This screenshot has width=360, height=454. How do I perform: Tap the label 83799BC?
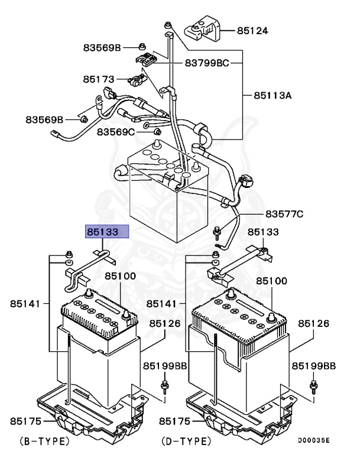(x=206, y=62)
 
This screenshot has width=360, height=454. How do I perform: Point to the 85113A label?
(x=273, y=95)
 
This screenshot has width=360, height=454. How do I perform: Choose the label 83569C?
(x=116, y=131)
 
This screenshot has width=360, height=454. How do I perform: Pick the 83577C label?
(x=284, y=213)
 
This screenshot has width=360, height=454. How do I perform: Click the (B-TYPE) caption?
(x=44, y=440)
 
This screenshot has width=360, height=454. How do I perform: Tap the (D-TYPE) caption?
(x=185, y=440)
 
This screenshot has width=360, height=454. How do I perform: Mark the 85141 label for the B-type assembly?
(x=25, y=303)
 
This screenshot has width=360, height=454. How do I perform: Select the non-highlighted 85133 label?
(x=262, y=232)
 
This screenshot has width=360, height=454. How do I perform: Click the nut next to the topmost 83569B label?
(x=142, y=46)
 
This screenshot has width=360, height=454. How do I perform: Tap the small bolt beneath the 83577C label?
(x=218, y=231)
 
